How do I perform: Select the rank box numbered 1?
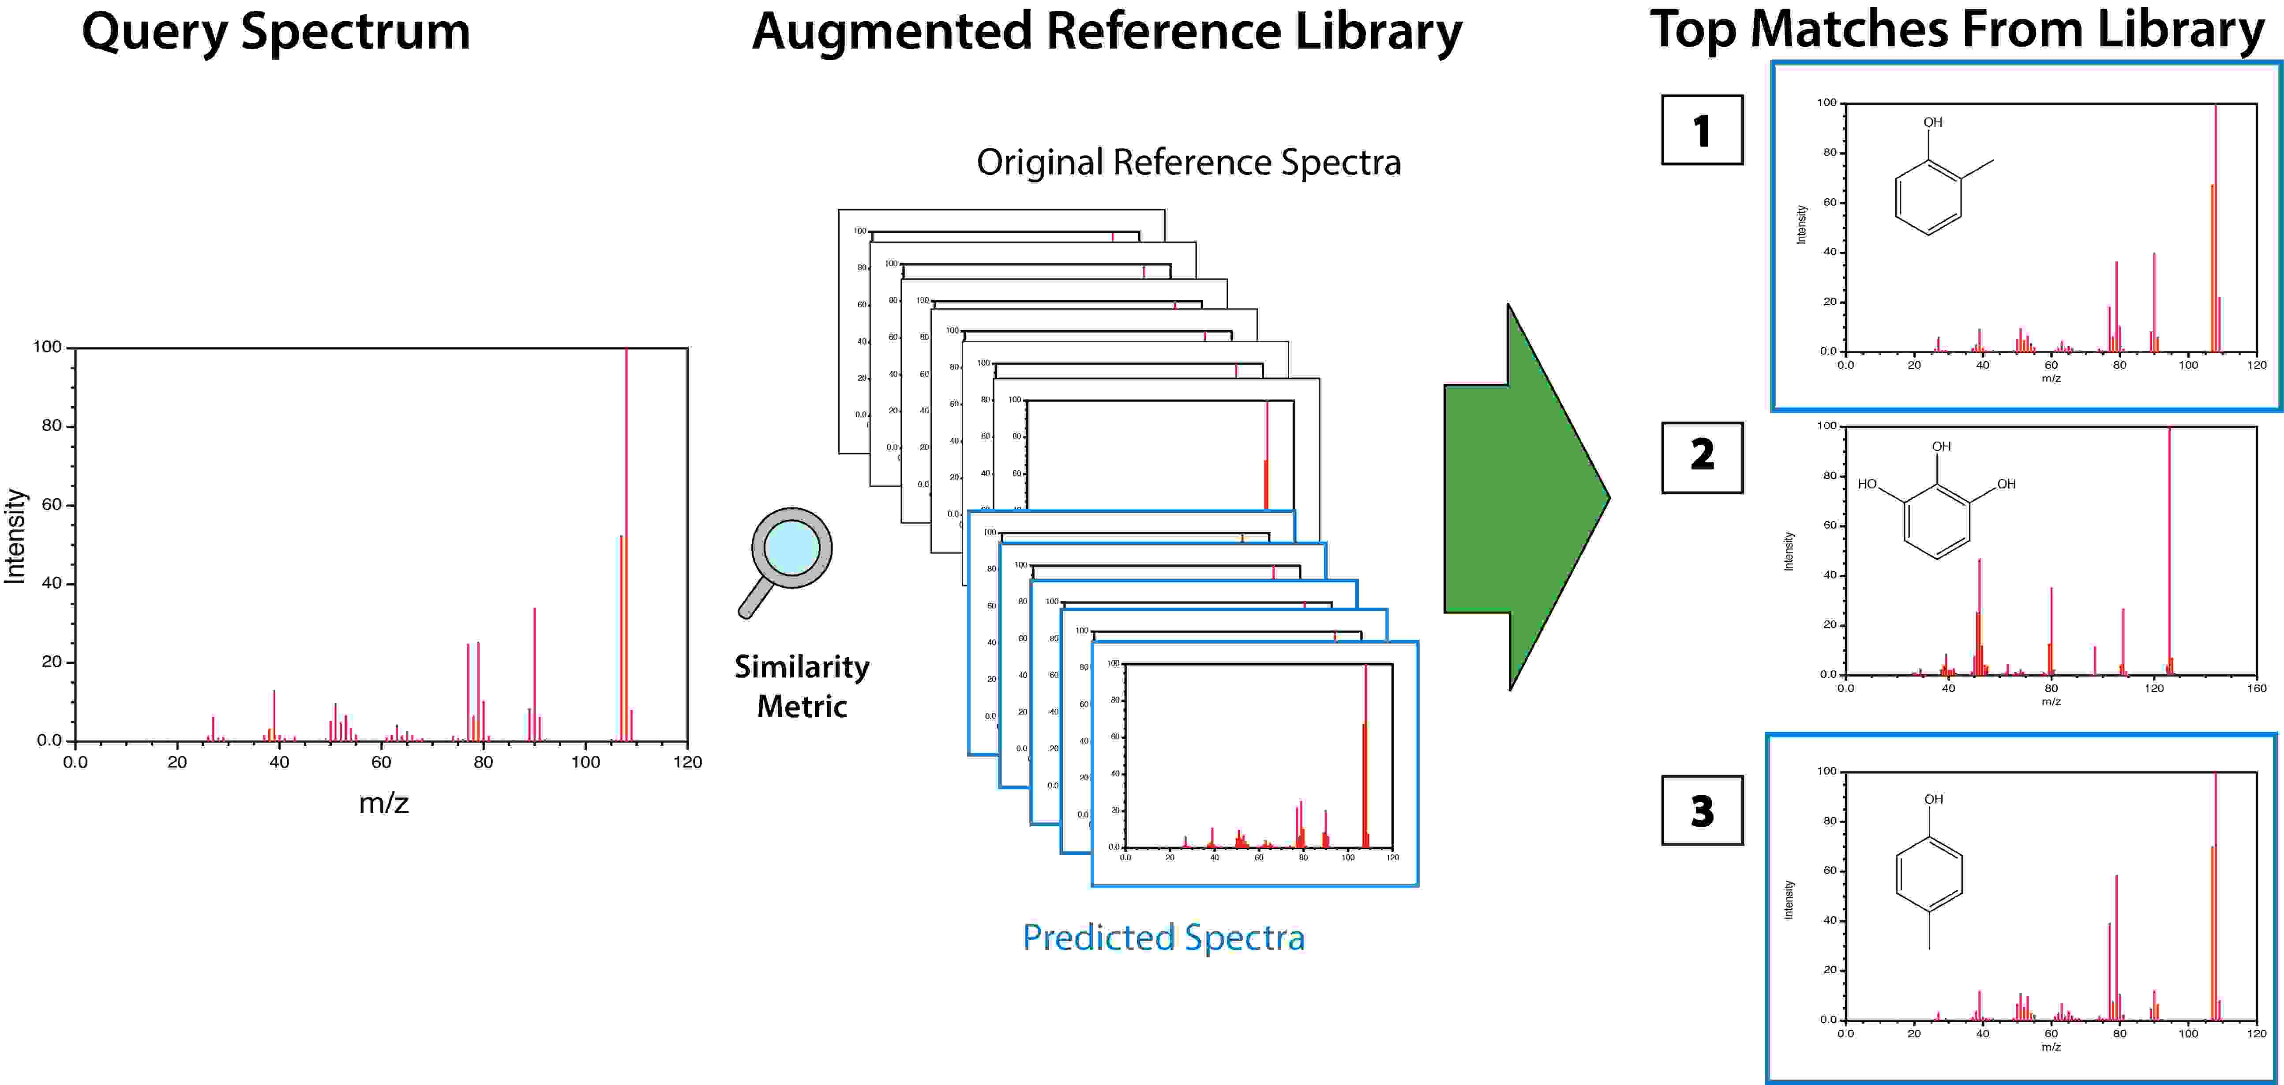[x=1702, y=130]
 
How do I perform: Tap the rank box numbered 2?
[x=1702, y=457]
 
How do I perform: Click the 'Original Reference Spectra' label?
[x=1188, y=163]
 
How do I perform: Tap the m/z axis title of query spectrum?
[x=383, y=803]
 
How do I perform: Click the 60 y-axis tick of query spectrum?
[x=52, y=505]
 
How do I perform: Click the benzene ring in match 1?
[x=1928, y=197]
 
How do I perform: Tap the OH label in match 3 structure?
[x=1933, y=799]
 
